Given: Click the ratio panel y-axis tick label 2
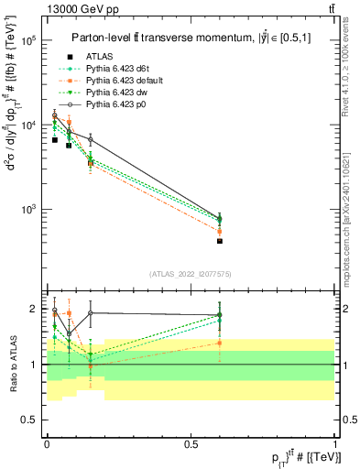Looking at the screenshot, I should [33, 309].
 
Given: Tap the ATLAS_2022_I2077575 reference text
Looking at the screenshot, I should [190, 274].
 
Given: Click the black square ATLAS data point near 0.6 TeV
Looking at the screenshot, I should [220, 241].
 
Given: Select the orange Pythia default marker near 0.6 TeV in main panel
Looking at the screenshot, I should [220, 231].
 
